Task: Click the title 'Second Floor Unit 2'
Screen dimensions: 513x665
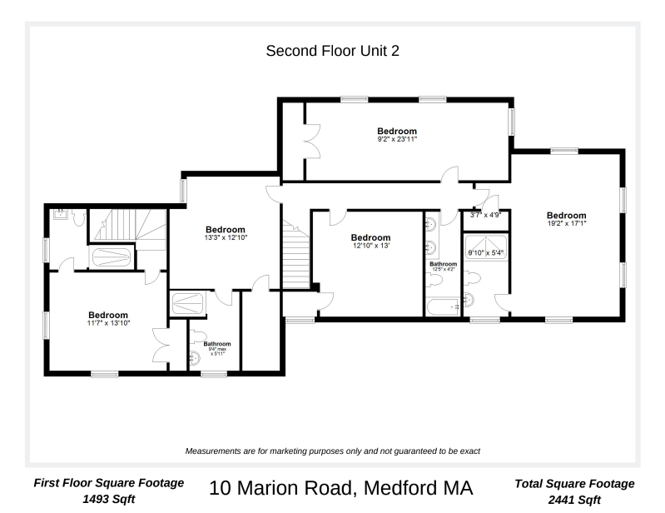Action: tap(332, 51)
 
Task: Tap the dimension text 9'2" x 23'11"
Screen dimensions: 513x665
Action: tap(396, 140)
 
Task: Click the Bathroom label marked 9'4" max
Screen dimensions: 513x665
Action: tap(217, 344)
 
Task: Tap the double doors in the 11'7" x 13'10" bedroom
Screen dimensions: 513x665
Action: tap(161, 346)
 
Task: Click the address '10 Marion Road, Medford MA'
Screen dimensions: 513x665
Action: tap(342, 489)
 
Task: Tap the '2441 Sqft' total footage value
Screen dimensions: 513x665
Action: tap(574, 500)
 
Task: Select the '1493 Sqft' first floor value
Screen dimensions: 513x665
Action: tap(108, 500)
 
